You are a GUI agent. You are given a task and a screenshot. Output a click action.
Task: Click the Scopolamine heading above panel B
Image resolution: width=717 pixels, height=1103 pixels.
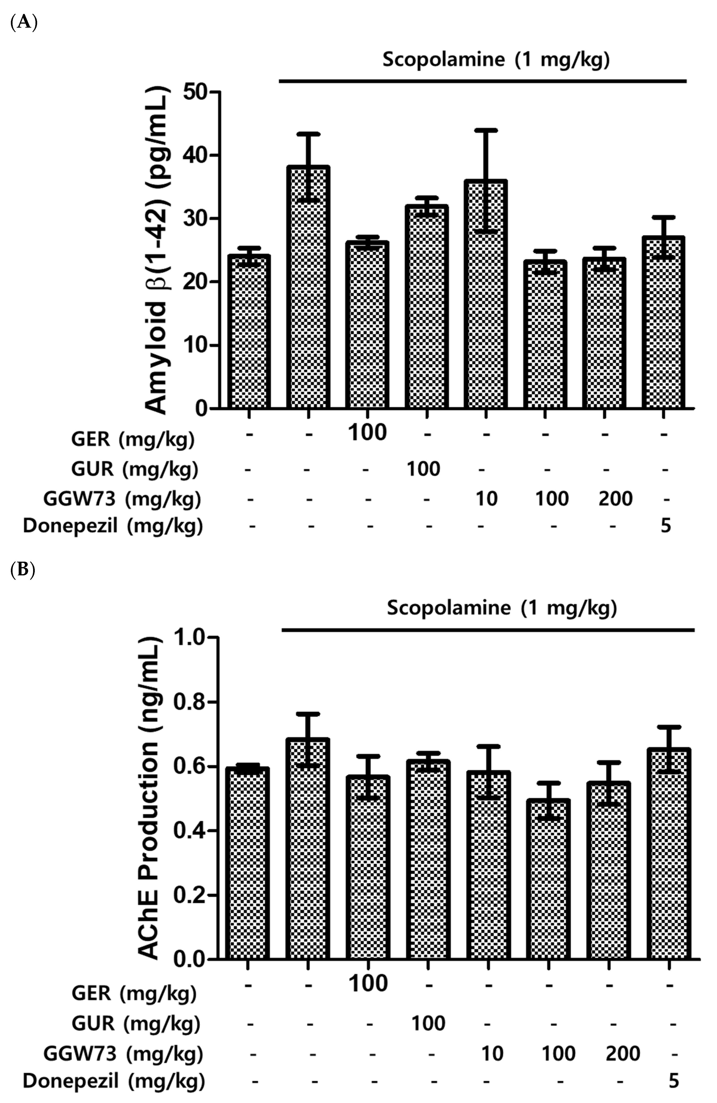pyautogui.click(x=502, y=608)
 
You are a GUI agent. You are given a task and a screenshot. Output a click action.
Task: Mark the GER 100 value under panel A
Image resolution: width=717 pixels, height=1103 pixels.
pyautogui.click(x=367, y=432)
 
